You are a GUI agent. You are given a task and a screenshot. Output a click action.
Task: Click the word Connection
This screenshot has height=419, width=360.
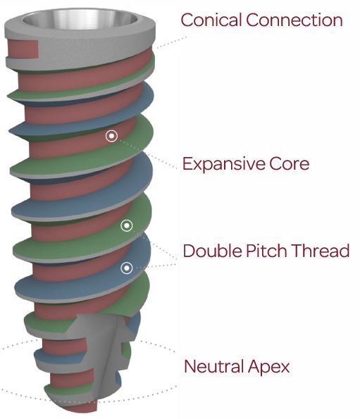tap(294, 20)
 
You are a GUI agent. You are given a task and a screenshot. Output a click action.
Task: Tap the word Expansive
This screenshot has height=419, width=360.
tap(223, 163)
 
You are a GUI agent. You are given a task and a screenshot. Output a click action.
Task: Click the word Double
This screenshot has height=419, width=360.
tap(211, 251)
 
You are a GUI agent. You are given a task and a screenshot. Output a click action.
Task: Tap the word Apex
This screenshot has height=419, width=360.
tap(268, 368)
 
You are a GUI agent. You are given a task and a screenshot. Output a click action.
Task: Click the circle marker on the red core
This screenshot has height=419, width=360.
tap(111, 136)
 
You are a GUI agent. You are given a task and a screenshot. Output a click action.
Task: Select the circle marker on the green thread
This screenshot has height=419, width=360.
tap(127, 226)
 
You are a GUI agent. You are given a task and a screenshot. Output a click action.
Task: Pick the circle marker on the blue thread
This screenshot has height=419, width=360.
tap(126, 268)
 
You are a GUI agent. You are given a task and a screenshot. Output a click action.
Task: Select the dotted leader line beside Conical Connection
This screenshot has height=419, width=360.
tap(172, 42)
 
